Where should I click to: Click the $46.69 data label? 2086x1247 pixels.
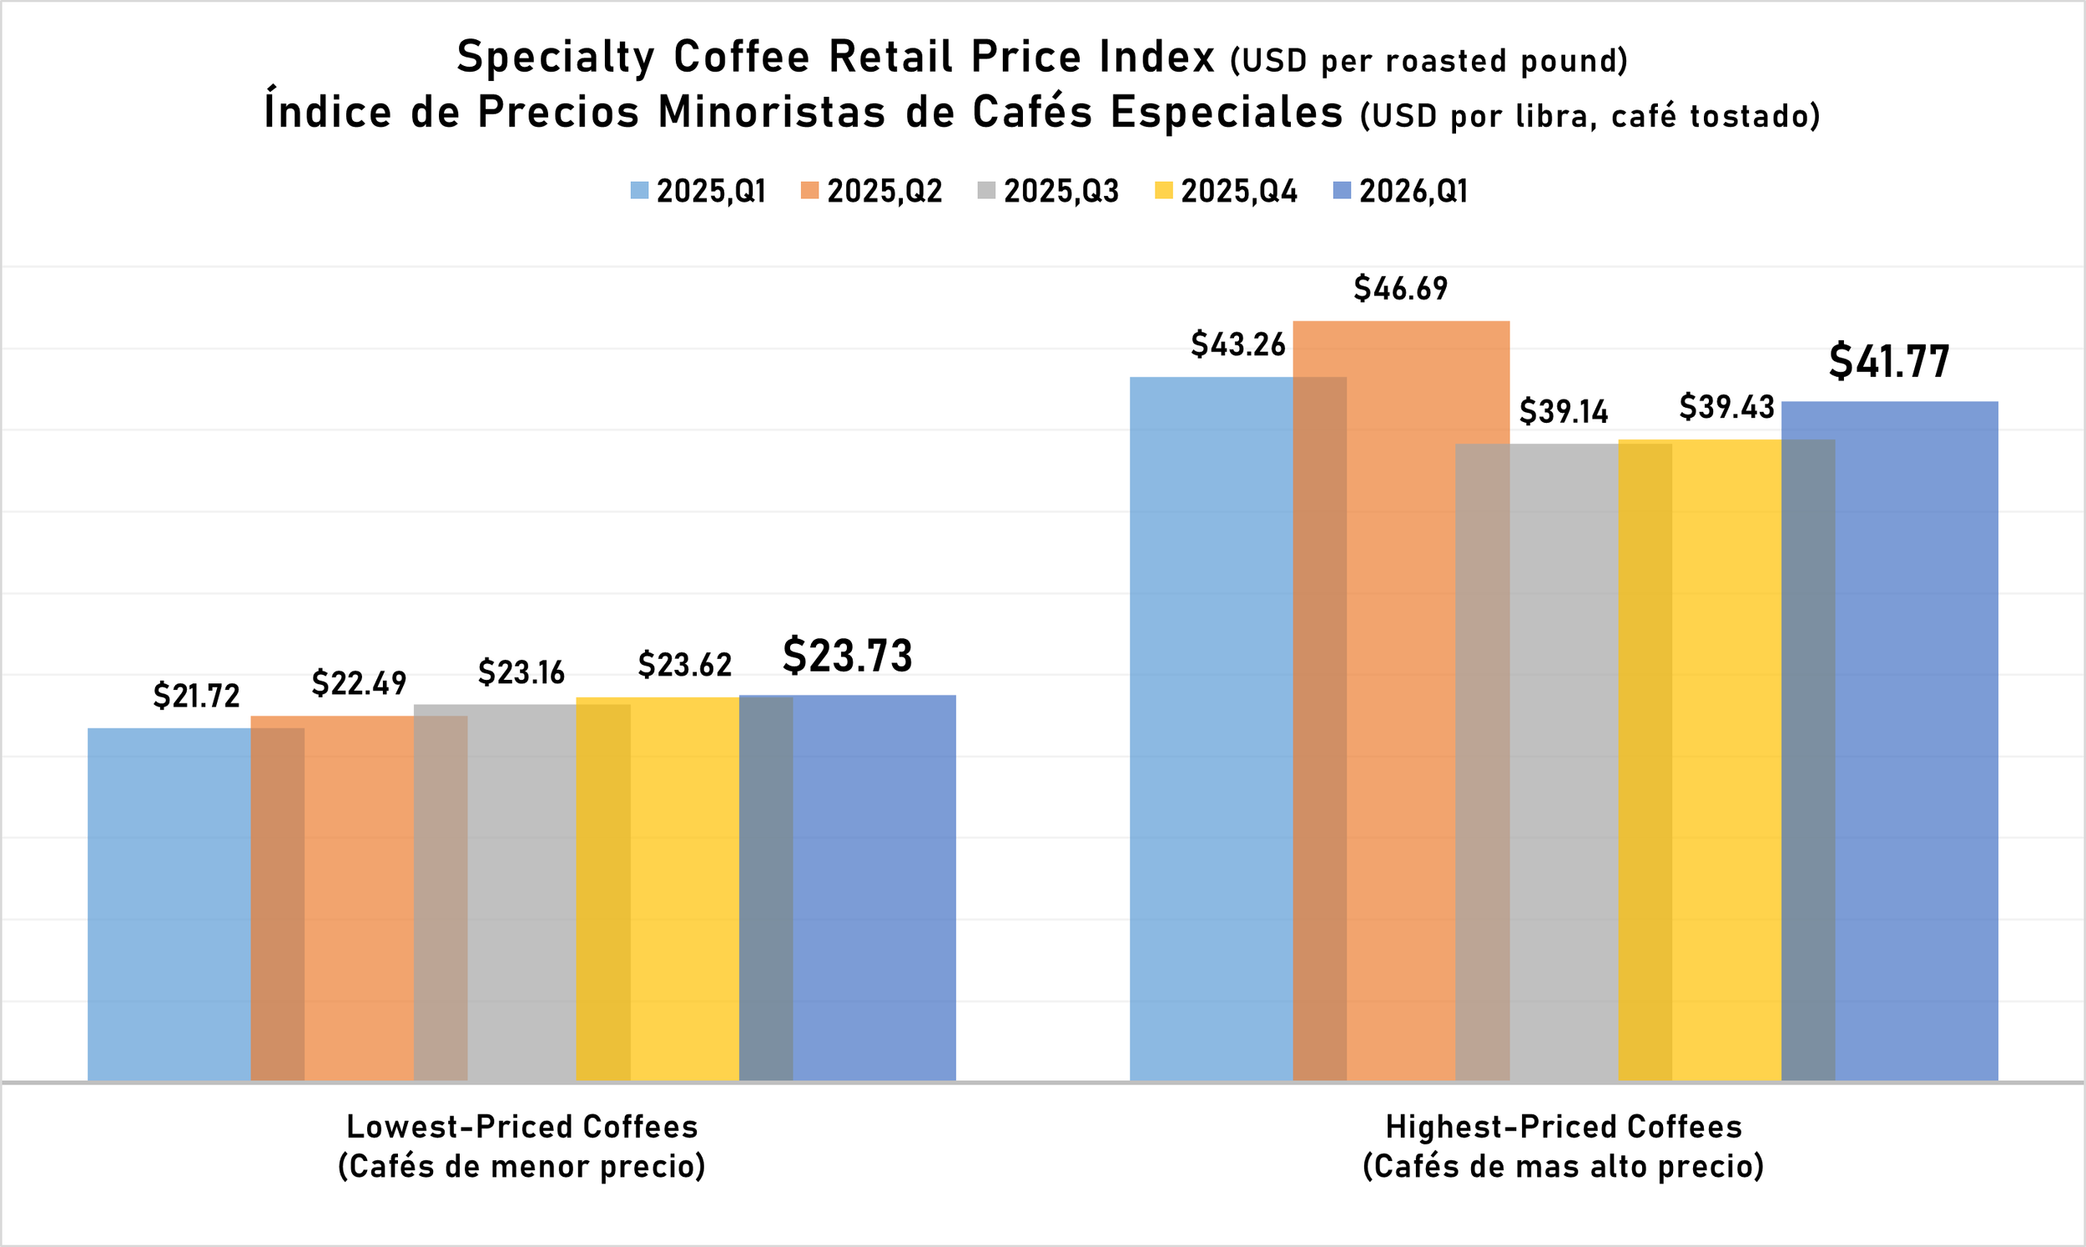[x=1400, y=289]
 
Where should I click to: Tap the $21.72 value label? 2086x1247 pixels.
[x=196, y=696]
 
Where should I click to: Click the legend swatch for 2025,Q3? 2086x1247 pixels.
[x=986, y=191]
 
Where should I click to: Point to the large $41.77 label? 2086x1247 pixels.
[x=1888, y=361]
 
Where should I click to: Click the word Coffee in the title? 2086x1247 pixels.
[x=741, y=58]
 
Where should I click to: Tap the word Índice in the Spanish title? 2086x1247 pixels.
[x=327, y=112]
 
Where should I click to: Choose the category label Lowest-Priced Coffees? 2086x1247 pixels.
[x=522, y=1127]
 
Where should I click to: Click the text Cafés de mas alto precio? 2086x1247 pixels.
[x=1562, y=1166]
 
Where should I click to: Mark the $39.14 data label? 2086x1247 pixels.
[x=1563, y=412]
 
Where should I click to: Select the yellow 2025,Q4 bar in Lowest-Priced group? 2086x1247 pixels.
[x=685, y=891]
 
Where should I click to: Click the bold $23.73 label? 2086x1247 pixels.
[x=847, y=656]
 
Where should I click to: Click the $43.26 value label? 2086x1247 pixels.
[x=1237, y=344]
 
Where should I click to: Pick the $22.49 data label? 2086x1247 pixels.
[x=359, y=683]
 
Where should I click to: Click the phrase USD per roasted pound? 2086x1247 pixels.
[x=1428, y=62]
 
